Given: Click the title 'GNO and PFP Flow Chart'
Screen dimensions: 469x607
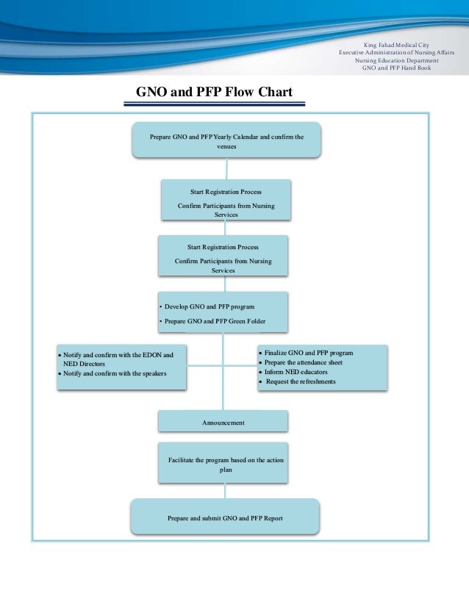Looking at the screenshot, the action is [214, 92].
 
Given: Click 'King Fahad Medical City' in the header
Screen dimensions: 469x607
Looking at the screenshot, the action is [396, 45].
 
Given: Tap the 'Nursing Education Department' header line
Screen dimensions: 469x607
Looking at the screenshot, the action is [396, 60].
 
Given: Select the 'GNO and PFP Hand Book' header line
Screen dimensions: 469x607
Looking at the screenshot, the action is [396, 68].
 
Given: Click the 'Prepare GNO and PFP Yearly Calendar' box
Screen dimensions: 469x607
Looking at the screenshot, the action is [226, 140].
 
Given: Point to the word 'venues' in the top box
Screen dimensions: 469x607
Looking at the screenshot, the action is [226, 147].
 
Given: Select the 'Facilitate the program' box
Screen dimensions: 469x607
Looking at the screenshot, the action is [223, 463].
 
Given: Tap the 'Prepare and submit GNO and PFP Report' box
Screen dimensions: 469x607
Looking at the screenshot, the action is [225, 517].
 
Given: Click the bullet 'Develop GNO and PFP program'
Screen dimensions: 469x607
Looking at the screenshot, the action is [207, 306].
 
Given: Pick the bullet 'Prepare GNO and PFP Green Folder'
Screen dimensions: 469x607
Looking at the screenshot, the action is [212, 321].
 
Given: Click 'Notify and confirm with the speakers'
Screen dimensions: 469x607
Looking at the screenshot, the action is [112, 373].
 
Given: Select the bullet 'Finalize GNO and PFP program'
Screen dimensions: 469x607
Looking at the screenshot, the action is [306, 353].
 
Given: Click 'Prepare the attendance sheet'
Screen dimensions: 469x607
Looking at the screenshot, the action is [301, 363].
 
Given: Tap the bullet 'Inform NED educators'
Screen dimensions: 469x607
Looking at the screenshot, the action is [293, 372].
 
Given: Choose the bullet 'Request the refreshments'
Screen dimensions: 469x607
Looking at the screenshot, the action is [298, 381].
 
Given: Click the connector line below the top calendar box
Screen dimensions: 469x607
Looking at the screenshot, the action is [226, 168].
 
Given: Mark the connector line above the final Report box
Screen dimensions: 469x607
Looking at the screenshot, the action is [225, 491].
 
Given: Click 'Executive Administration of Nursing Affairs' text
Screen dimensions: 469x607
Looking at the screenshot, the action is [396, 52].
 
